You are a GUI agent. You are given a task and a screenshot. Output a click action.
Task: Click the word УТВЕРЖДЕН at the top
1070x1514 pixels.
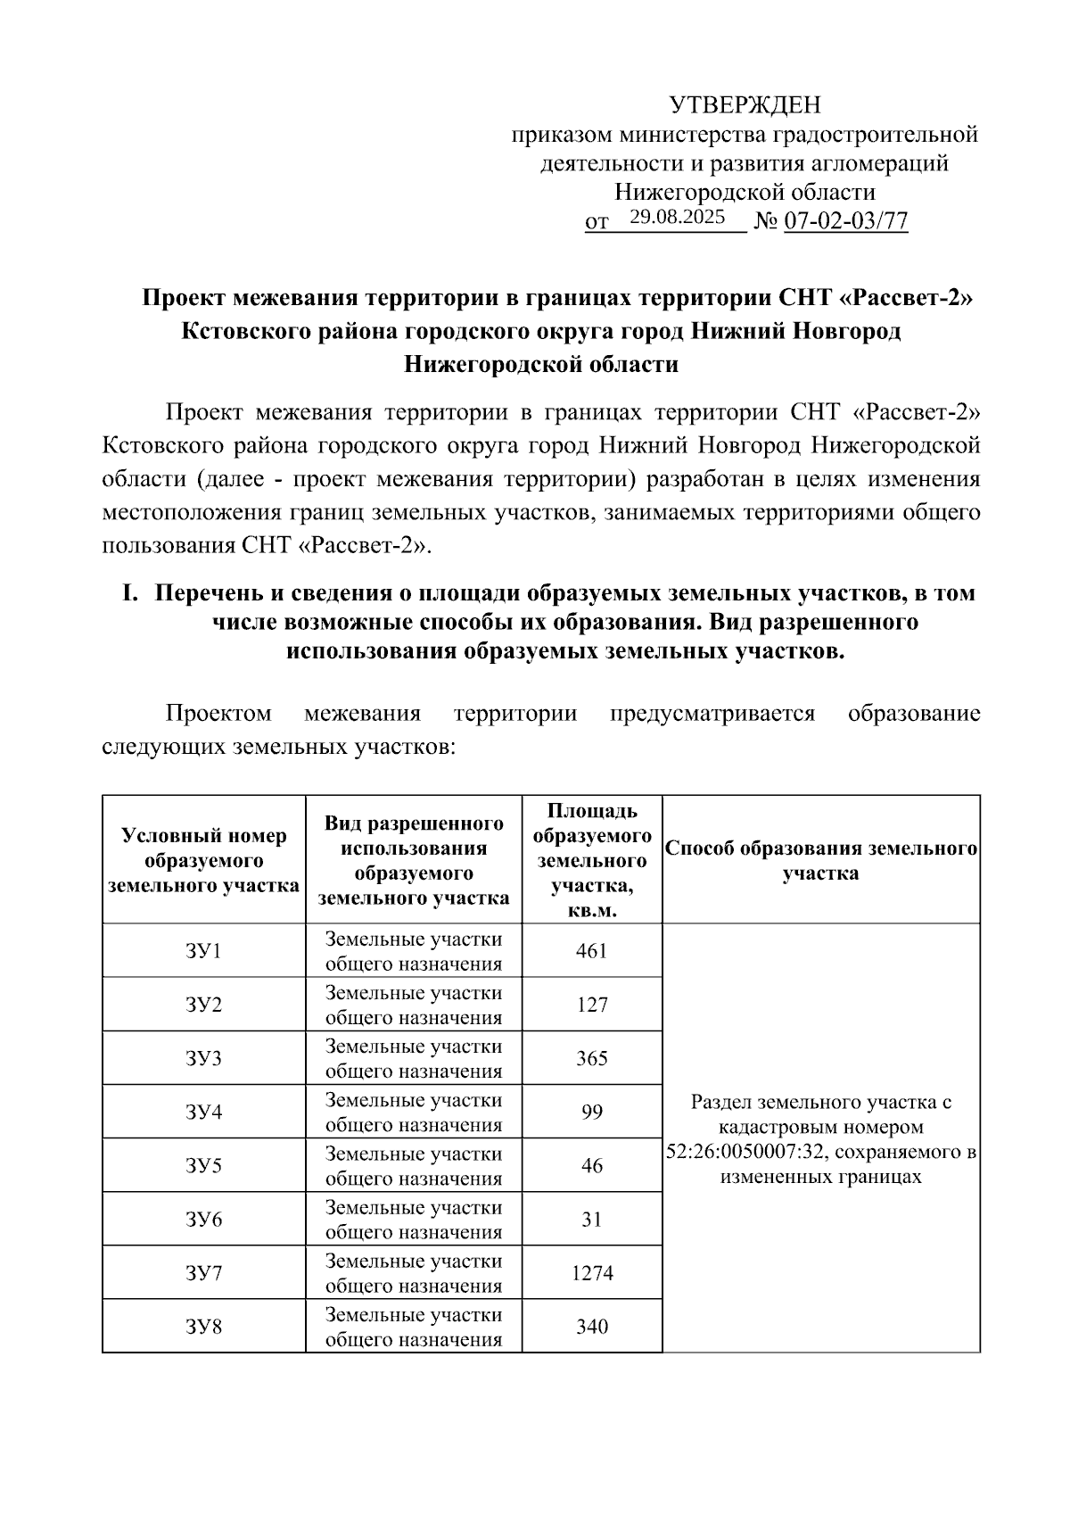coord(745,105)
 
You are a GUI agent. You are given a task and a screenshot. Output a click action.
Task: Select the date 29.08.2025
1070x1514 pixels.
coord(677,217)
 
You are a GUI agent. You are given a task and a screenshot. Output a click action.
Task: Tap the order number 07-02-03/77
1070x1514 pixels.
coord(845,221)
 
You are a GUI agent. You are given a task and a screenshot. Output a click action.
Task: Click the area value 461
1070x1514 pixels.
coord(592,951)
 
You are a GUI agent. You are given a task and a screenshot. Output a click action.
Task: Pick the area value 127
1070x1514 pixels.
coord(592,1005)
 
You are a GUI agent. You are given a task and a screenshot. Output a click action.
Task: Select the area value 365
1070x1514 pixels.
coord(592,1058)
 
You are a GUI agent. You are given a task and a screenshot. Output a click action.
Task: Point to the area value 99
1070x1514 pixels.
coord(592,1112)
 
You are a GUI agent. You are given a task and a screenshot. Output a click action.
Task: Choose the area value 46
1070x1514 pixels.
coord(592,1165)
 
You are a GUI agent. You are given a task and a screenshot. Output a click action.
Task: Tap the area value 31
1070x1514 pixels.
coord(592,1219)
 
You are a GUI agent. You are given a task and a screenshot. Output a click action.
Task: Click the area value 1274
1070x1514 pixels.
coord(592,1272)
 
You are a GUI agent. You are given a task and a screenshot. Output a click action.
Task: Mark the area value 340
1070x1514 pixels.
coord(592,1326)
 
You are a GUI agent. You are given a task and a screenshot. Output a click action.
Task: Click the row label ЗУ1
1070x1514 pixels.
coord(203,951)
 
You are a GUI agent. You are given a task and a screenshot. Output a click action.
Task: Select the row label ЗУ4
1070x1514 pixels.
coord(203,1112)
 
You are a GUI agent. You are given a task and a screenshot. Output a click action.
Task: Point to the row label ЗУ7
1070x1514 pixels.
coord(203,1272)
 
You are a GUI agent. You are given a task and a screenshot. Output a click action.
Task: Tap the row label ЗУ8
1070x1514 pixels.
coord(203,1326)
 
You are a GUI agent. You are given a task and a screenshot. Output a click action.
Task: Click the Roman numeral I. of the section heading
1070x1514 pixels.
coord(130,593)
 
